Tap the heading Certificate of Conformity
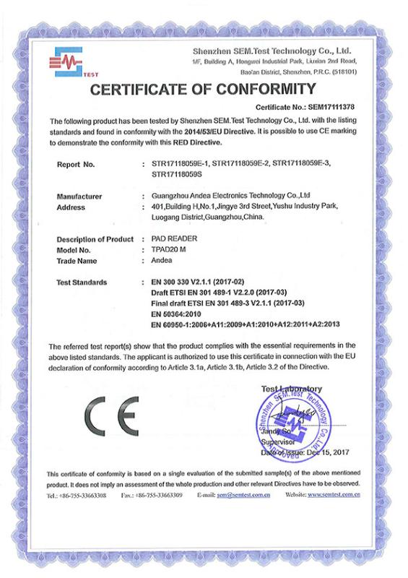(203, 90)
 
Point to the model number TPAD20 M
(168, 249)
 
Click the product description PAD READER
(176, 238)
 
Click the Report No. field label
(76, 165)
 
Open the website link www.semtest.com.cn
(334, 496)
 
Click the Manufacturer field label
(79, 196)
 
